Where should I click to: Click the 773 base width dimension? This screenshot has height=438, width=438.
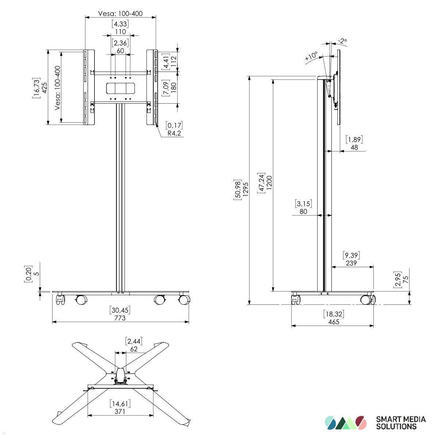click(120, 318)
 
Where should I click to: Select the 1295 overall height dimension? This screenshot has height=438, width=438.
click(245, 189)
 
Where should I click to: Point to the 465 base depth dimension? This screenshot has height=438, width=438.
click(334, 322)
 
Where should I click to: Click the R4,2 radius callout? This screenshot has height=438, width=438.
click(174, 133)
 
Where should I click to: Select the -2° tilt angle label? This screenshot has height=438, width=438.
click(342, 41)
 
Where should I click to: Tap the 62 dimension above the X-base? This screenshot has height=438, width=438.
click(134, 349)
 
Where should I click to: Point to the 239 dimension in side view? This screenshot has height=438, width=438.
click(351, 263)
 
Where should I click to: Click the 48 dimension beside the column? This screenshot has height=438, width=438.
click(354, 147)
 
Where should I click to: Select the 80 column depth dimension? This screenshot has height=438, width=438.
click(303, 211)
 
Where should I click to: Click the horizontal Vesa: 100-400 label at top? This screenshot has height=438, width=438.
click(120, 14)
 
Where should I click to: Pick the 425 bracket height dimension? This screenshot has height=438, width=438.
click(45, 88)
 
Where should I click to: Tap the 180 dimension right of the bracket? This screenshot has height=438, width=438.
click(174, 88)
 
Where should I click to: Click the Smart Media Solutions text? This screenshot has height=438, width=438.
click(401, 423)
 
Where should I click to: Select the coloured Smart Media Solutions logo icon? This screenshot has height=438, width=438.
click(345, 423)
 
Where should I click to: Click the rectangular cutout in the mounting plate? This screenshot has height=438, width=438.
click(120, 88)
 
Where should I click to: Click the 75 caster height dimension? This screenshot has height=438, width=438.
click(406, 280)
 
